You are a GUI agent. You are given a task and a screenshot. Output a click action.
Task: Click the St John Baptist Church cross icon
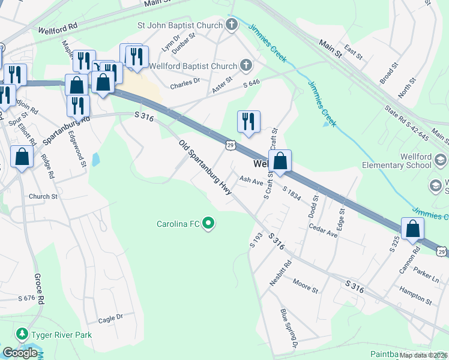tap(232, 25)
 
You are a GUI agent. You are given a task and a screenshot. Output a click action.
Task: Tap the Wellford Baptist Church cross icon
tap(246, 65)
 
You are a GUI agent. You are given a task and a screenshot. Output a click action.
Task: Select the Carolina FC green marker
tap(208, 224)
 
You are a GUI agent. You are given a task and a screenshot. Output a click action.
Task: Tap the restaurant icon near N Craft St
tap(249, 122)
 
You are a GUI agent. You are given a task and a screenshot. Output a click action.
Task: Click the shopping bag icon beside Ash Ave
tap(280, 161)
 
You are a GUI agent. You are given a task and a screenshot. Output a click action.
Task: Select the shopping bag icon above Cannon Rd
tap(413, 229)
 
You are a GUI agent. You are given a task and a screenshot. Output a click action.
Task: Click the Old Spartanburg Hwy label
tap(205, 167)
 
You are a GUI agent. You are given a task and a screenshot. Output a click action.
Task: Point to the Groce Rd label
tap(40, 288)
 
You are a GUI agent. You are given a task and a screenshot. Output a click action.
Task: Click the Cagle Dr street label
tap(110, 317)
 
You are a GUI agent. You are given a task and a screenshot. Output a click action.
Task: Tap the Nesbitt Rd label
tap(280, 272)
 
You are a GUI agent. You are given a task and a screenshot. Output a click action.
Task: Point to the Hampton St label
tap(416, 295)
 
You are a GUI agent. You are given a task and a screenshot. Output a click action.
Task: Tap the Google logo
tap(20, 353)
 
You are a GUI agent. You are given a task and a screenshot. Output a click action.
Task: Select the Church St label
tap(43, 196)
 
